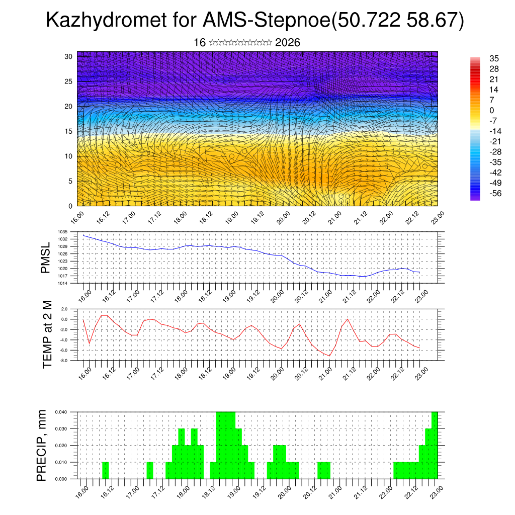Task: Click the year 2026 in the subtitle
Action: pyautogui.click(x=288, y=43)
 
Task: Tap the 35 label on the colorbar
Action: pyautogui.click(x=494, y=58)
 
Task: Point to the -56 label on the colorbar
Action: pyautogui.click(x=495, y=193)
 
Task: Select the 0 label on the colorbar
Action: pyautogui.click(x=491, y=110)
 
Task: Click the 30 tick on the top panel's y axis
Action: pyautogui.click(x=68, y=56)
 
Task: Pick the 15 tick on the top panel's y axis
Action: pyautogui.click(x=68, y=131)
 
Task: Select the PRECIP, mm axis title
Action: pyautogui.click(x=42, y=446)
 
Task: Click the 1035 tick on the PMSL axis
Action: pyautogui.click(x=62, y=232)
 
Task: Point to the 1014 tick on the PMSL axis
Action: pyautogui.click(x=62, y=284)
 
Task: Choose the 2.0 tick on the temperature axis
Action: pyautogui.click(x=64, y=309)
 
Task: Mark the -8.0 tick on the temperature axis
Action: pyautogui.click(x=64, y=361)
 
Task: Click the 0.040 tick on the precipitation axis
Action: pyautogui.click(x=61, y=412)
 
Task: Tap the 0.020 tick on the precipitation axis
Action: pyautogui.click(x=61, y=446)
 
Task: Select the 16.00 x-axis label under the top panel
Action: pyautogui.click(x=77, y=217)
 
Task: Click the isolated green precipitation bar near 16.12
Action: pyautogui.click(x=105, y=470)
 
